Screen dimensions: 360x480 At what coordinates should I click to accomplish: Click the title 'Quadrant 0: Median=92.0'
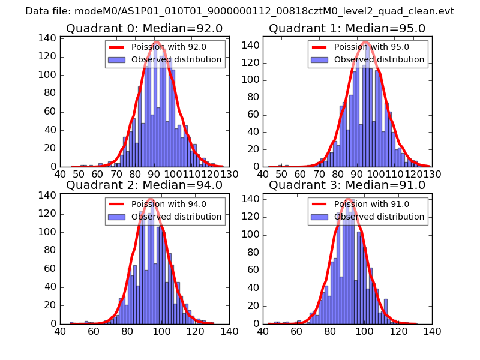144,28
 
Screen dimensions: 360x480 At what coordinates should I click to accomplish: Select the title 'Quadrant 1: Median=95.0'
347,28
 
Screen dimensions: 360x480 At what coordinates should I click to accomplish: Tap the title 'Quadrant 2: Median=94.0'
144,185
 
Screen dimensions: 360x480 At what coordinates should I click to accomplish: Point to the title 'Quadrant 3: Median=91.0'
347,185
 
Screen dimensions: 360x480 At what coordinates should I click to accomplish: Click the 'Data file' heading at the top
239,11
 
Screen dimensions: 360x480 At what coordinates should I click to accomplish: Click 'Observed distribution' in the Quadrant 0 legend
176,59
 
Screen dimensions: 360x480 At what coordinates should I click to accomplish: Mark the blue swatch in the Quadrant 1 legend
319,59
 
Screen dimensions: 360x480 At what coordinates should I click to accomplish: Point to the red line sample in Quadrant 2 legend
116,204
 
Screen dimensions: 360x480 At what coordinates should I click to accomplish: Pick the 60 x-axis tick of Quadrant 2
94,331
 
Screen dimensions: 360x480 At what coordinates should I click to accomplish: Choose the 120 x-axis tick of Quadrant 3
398,331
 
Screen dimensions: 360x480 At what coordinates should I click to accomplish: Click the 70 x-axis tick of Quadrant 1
321,174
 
